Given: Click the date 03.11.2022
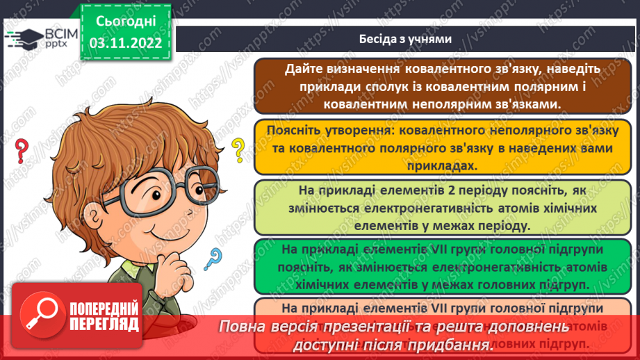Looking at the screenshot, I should (x=125, y=43).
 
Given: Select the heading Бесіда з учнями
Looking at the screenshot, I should (x=406, y=39).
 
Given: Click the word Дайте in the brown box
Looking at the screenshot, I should (x=305, y=69).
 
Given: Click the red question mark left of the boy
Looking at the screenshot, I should (x=21, y=148).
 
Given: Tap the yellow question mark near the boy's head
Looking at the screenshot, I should (x=238, y=148).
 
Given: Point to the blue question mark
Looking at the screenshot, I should (x=215, y=260).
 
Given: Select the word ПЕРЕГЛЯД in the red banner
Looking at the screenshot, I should (x=104, y=324).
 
